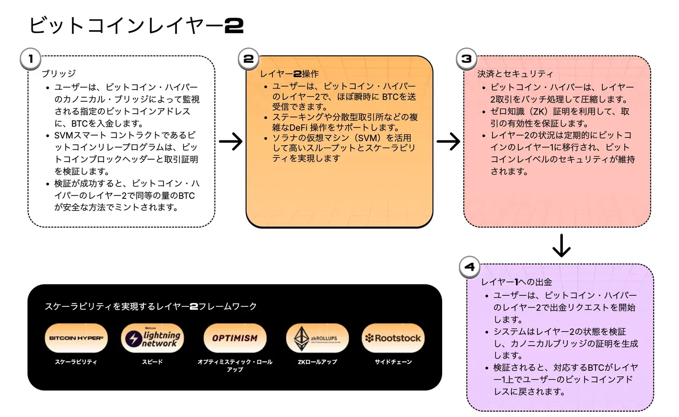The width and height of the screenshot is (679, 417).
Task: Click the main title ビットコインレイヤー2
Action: point(136,25)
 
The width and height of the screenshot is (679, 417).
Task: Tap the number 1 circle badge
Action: point(31,59)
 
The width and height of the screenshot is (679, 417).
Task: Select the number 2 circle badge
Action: point(248,59)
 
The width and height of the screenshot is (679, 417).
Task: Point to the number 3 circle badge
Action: point(466,59)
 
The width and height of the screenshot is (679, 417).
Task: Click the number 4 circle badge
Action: point(469,267)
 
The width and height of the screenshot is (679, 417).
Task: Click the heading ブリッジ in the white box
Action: point(59,73)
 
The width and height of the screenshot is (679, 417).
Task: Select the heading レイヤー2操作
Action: point(289,73)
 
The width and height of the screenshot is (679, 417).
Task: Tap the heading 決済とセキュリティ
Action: point(515,73)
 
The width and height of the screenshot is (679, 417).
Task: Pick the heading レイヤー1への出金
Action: point(516,282)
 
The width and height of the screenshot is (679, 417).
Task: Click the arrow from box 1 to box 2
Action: point(231,141)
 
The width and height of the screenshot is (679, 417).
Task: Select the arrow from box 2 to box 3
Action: point(448,141)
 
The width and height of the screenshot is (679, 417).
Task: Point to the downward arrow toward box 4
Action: point(561,245)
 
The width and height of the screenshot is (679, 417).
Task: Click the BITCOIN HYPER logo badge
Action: point(76,338)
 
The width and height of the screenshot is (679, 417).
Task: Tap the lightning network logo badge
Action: point(152,338)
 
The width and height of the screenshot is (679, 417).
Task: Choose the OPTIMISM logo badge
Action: point(235,338)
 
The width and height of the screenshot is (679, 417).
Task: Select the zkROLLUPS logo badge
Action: point(317,338)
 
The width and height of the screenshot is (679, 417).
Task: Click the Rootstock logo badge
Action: point(393,338)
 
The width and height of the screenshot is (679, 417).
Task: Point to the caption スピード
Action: point(152,362)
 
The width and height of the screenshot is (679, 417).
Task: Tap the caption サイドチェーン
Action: point(393,362)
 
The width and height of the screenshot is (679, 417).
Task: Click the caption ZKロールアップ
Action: point(317,362)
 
